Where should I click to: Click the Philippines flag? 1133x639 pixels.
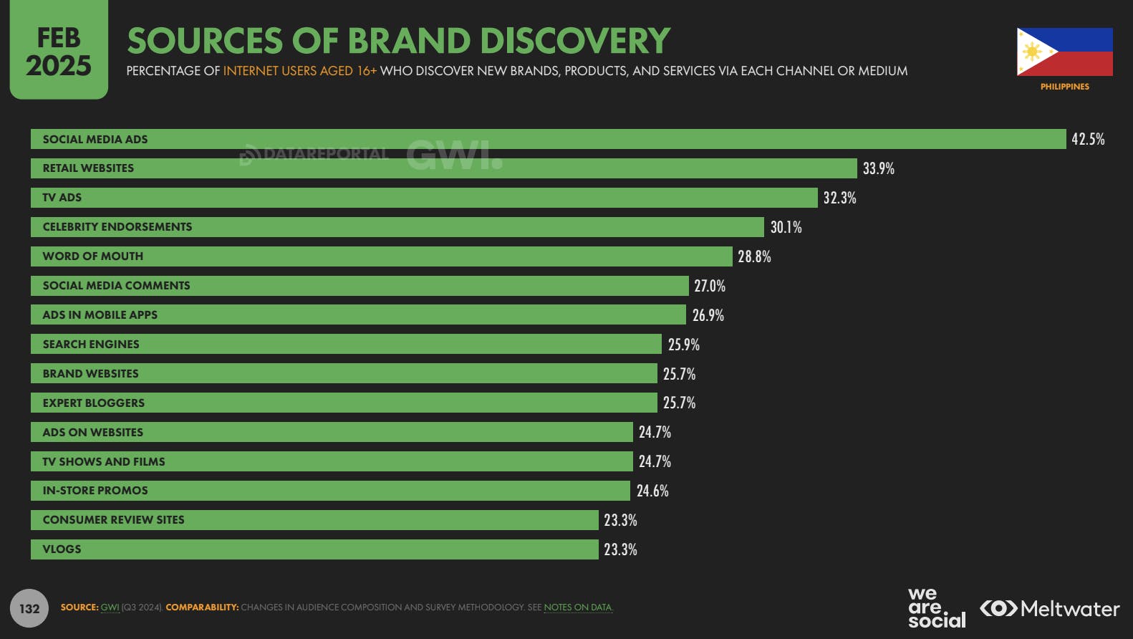coord(1064,52)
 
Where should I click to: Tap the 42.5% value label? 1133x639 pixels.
coord(1088,139)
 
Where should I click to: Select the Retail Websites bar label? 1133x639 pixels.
coord(88,168)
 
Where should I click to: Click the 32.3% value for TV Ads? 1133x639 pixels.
coord(839,198)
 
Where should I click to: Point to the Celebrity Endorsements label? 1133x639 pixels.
coord(117,227)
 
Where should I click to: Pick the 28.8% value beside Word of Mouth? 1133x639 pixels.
coord(754,256)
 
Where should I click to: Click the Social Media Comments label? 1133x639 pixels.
coord(116,286)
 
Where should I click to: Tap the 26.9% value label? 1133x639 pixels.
coord(708,315)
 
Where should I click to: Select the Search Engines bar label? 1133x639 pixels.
coord(91,345)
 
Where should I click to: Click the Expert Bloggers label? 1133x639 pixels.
coord(93,403)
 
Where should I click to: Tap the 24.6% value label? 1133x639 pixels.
coord(652,491)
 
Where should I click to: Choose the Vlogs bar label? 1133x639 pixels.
coord(62,549)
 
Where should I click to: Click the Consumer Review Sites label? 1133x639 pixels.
coord(113,520)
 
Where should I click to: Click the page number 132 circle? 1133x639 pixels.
coord(29,608)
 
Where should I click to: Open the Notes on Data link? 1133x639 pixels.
coord(578,607)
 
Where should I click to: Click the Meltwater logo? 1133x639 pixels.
coord(1049,609)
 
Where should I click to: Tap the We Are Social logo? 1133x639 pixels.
coord(936,608)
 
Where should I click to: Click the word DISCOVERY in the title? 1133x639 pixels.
coord(575,41)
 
